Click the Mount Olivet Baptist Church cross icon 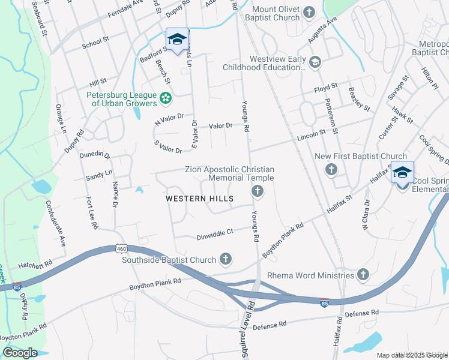click(x=309, y=12)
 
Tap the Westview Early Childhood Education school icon click(x=315, y=61)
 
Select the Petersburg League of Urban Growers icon click(x=166, y=97)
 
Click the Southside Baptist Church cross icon click(x=226, y=259)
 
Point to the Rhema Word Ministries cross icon click(x=363, y=275)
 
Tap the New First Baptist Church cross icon click(x=331, y=170)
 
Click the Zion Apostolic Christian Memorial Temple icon click(x=257, y=191)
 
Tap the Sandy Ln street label click(x=99, y=174)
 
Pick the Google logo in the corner click(x=20, y=353)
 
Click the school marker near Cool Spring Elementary click(x=402, y=173)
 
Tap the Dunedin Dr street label click(x=95, y=155)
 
